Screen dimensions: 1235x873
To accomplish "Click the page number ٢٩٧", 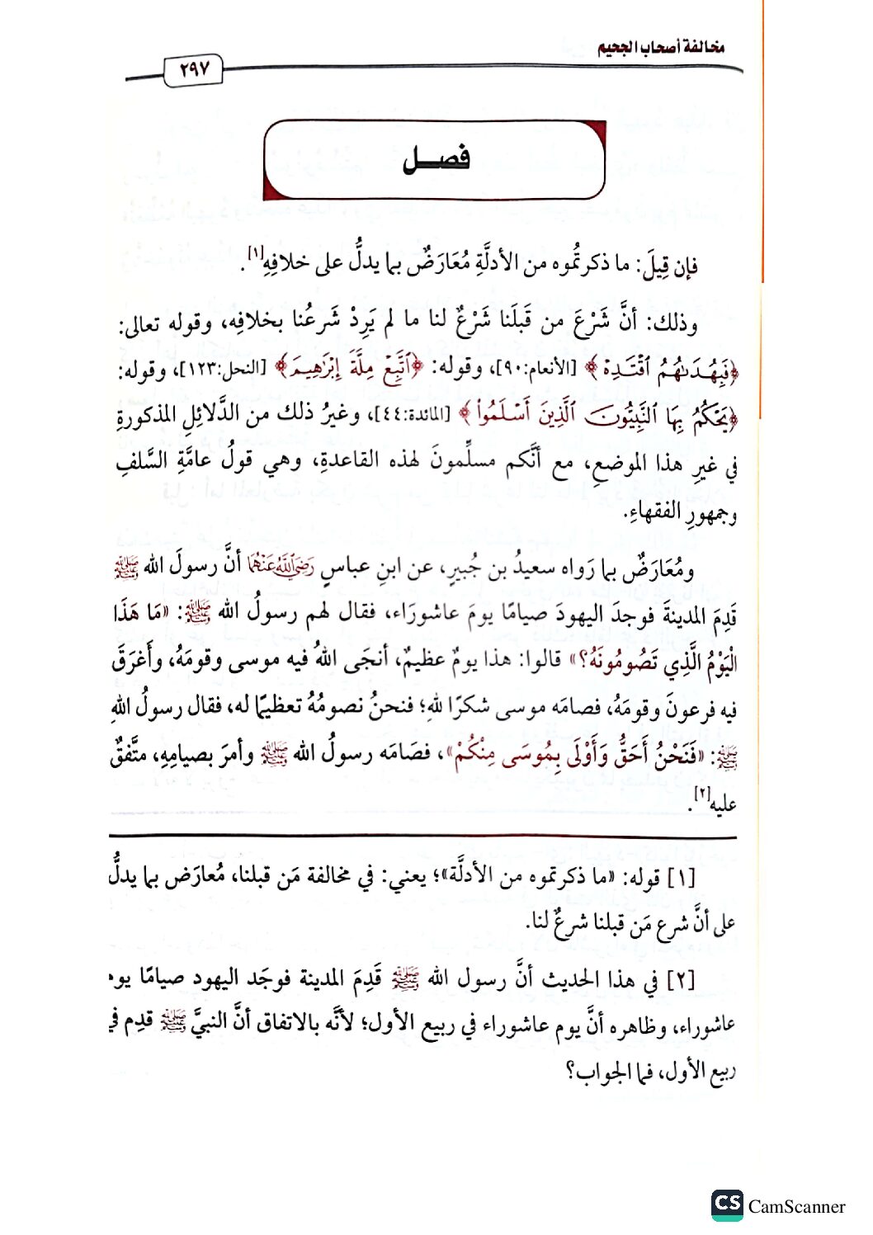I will [x=194, y=69].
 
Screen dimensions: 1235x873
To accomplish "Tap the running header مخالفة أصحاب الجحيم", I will [x=660, y=47].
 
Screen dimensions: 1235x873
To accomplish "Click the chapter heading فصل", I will [x=436, y=158].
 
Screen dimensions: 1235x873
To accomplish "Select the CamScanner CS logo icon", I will [x=727, y=1204].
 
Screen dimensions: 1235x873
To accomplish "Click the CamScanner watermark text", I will [x=796, y=1207].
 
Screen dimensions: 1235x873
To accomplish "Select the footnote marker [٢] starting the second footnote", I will [x=682, y=980].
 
